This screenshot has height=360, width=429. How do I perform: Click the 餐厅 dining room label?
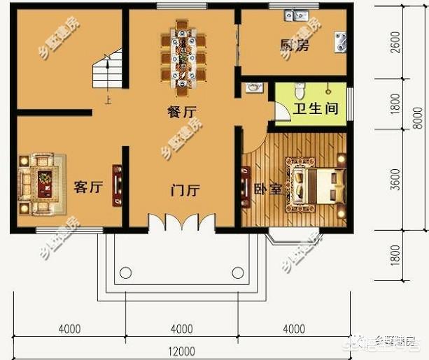pos(181,110)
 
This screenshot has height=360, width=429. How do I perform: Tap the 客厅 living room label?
pos(88,187)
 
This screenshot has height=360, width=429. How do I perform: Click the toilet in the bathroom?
pos(299,90)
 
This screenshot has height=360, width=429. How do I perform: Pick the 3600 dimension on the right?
pos(396,179)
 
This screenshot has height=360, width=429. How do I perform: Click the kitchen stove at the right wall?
pos(341,42)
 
